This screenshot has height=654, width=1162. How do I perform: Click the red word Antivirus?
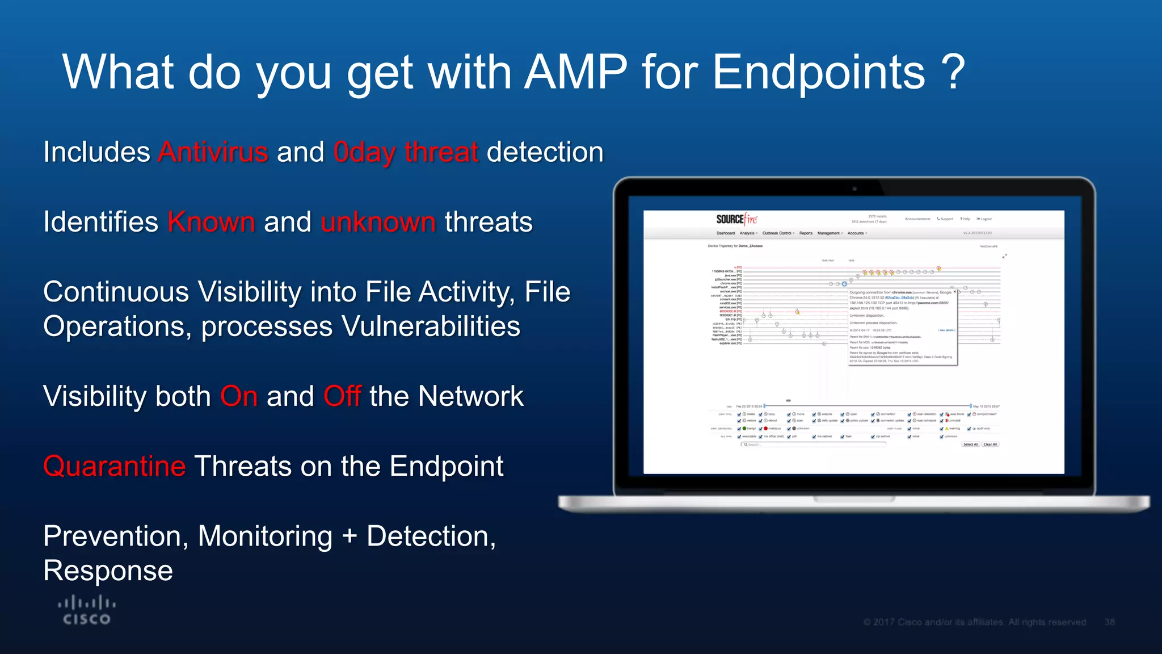tap(213, 152)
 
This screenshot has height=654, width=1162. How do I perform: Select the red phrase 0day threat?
tap(406, 152)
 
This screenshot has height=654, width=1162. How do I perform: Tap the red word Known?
tap(211, 222)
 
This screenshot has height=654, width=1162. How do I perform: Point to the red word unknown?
tap(378, 222)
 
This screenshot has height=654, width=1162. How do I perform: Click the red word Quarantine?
tap(114, 466)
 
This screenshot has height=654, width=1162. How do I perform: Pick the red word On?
tap(239, 396)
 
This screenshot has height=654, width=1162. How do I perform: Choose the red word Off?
tap(342, 396)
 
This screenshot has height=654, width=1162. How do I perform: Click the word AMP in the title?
tap(575, 72)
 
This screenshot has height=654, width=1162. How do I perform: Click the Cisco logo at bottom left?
tap(87, 610)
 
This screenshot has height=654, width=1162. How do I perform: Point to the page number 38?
tap(1110, 622)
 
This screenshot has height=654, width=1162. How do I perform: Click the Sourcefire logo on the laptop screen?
tap(736, 219)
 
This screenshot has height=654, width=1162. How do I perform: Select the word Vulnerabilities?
tap(431, 326)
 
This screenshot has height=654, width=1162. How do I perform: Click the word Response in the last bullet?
tap(108, 571)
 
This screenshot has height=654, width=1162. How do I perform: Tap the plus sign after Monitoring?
tap(350, 536)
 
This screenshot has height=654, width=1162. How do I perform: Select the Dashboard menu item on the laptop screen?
tap(725, 233)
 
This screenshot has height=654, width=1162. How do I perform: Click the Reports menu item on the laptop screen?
tap(806, 233)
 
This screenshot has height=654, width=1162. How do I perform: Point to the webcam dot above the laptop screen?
tap(854, 188)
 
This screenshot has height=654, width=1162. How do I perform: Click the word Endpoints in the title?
tap(818, 72)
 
